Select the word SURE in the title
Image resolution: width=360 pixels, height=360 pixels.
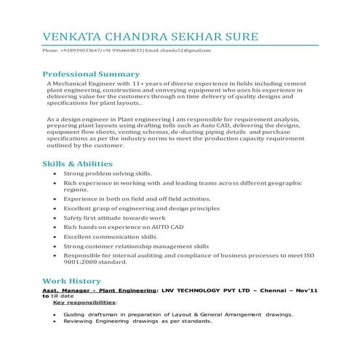pos(236,36)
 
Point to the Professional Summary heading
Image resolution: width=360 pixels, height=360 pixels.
pos(91,74)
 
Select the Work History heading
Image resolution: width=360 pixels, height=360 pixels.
pos(71,280)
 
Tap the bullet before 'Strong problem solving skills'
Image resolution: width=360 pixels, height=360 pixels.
pos(55,175)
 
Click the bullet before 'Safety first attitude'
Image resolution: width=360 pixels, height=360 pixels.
pos(55,217)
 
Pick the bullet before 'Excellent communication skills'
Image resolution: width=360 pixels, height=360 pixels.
pos(55,237)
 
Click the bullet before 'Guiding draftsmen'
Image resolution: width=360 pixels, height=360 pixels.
pos(55,314)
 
